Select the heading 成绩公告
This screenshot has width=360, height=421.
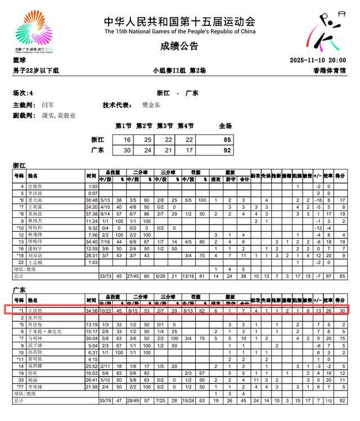pyautogui.click(x=179, y=46)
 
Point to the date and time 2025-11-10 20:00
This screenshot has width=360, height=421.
pyautogui.click(x=317, y=60)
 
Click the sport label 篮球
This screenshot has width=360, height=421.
pyautogui.click(x=20, y=60)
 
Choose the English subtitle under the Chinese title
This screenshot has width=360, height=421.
pyautogui.click(x=179, y=32)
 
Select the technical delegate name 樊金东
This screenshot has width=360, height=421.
pyautogui.click(x=151, y=105)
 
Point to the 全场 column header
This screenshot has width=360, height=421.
pyautogui.click(x=225, y=126)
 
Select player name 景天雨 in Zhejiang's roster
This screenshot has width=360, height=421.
pyautogui.click(x=35, y=200)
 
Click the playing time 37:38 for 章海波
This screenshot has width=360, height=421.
pyautogui.click(x=92, y=213)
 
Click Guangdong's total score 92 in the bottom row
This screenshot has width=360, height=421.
pyautogui.click(x=340, y=400)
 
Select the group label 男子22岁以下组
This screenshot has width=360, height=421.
pyautogui.click(x=36, y=70)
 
